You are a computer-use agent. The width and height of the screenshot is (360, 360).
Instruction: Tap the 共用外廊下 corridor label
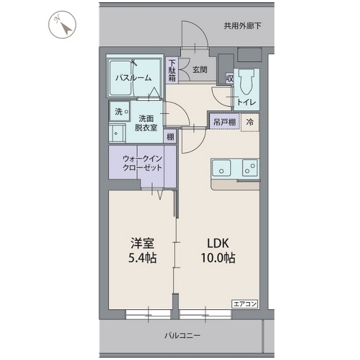(242, 25)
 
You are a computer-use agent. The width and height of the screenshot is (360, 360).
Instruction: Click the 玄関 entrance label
(199, 70)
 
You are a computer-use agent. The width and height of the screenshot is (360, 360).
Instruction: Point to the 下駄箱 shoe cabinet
(172, 70)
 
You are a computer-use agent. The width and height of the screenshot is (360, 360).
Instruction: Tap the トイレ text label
(246, 102)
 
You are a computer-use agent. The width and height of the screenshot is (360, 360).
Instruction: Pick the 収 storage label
(229, 78)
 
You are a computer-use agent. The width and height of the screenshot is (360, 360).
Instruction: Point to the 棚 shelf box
(169, 136)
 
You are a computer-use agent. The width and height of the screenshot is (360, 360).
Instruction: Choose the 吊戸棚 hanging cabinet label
(224, 121)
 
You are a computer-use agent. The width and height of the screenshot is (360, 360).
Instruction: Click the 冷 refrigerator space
(250, 121)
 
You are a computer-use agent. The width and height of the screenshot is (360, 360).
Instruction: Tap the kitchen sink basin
(223, 167)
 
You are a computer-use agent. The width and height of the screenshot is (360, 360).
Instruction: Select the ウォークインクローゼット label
(143, 163)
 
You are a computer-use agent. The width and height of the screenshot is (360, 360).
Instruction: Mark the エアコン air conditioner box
(245, 304)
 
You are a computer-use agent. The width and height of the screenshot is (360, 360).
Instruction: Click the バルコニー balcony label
(182, 335)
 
